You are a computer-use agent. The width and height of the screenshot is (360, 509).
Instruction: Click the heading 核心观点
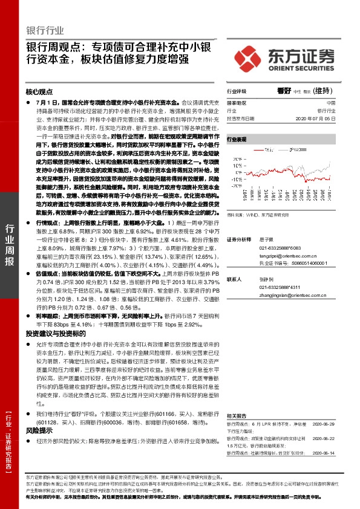pos(39,92)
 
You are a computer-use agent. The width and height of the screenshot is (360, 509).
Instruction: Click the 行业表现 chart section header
pos(237,139)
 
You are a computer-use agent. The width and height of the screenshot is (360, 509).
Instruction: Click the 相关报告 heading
pos(237,416)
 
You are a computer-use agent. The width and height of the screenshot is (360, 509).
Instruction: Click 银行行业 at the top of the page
pos(45,30)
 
